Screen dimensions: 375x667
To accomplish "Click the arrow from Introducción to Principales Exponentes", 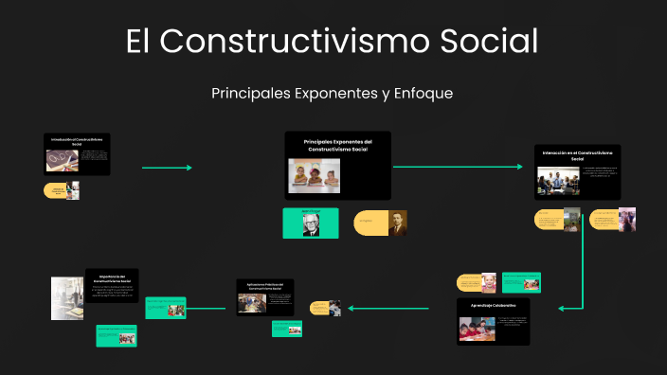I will point(167,168).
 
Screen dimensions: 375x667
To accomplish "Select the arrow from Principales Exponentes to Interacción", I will point(457,167).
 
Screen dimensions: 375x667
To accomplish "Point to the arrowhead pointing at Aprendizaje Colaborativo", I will point(562,308).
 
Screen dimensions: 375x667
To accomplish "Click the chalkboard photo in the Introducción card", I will point(62,160).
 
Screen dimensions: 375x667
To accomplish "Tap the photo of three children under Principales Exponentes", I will point(314,173).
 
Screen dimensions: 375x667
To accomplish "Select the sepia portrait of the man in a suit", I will point(397,223).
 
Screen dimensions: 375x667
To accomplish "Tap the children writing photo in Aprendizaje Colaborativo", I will point(478,328).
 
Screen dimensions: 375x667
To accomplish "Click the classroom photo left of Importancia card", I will point(67,297).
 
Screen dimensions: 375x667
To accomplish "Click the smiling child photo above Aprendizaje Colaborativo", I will point(489,282).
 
